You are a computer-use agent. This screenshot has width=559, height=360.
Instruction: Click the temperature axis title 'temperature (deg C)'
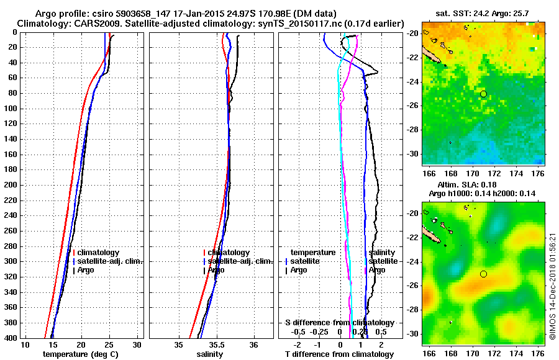(x=80, y=354)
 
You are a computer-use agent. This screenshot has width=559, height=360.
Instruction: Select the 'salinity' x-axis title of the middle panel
(x=211, y=354)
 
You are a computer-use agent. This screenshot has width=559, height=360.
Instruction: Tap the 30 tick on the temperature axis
(x=137, y=344)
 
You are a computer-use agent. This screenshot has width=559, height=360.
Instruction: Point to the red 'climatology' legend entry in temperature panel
(x=98, y=253)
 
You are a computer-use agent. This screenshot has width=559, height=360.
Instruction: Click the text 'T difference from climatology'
(x=339, y=354)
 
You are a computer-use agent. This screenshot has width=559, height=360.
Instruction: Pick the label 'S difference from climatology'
(x=339, y=323)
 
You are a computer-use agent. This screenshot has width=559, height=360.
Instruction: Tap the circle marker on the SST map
(x=483, y=94)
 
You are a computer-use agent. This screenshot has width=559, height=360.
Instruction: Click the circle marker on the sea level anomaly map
(x=483, y=274)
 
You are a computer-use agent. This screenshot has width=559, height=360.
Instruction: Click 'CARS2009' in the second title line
(x=84, y=23)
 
